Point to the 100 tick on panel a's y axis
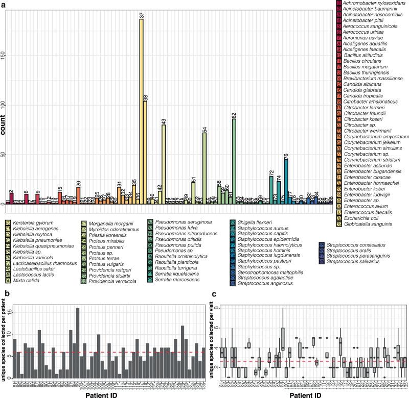(6, 105)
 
